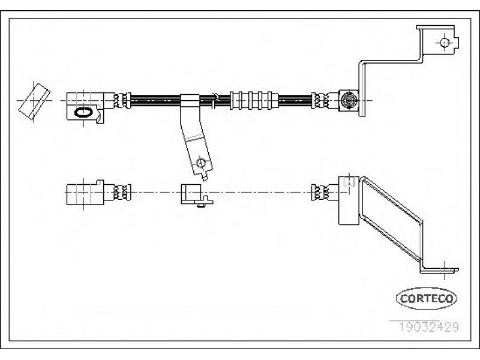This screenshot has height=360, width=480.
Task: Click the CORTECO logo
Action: (x=427, y=298)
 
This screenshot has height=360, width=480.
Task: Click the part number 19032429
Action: (x=428, y=327)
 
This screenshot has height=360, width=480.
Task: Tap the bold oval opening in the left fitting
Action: (x=83, y=112)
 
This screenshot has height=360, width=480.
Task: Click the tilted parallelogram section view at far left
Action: (x=34, y=101)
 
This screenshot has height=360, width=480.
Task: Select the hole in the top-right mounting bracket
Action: (x=445, y=42)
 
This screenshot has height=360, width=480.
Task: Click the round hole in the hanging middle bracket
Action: (x=201, y=163)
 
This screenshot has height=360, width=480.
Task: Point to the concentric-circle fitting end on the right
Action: (x=349, y=100)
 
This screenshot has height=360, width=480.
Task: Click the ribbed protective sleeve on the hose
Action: (x=254, y=100)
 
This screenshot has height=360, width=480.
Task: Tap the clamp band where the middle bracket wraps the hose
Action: (x=190, y=100)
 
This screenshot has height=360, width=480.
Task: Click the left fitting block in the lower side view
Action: (x=85, y=193)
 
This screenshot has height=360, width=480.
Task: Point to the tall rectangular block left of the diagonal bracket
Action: (x=349, y=200)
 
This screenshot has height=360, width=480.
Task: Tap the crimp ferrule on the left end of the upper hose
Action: (x=122, y=100)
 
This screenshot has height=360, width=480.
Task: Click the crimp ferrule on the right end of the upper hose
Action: (x=320, y=100)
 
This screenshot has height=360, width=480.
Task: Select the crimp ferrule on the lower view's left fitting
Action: (x=122, y=192)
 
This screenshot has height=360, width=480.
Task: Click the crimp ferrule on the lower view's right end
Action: (x=320, y=192)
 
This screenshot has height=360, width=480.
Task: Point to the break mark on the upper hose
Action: (x=215, y=100)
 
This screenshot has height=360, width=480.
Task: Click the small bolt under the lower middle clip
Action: (x=201, y=205)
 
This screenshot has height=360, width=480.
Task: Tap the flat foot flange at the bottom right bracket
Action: (x=439, y=271)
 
